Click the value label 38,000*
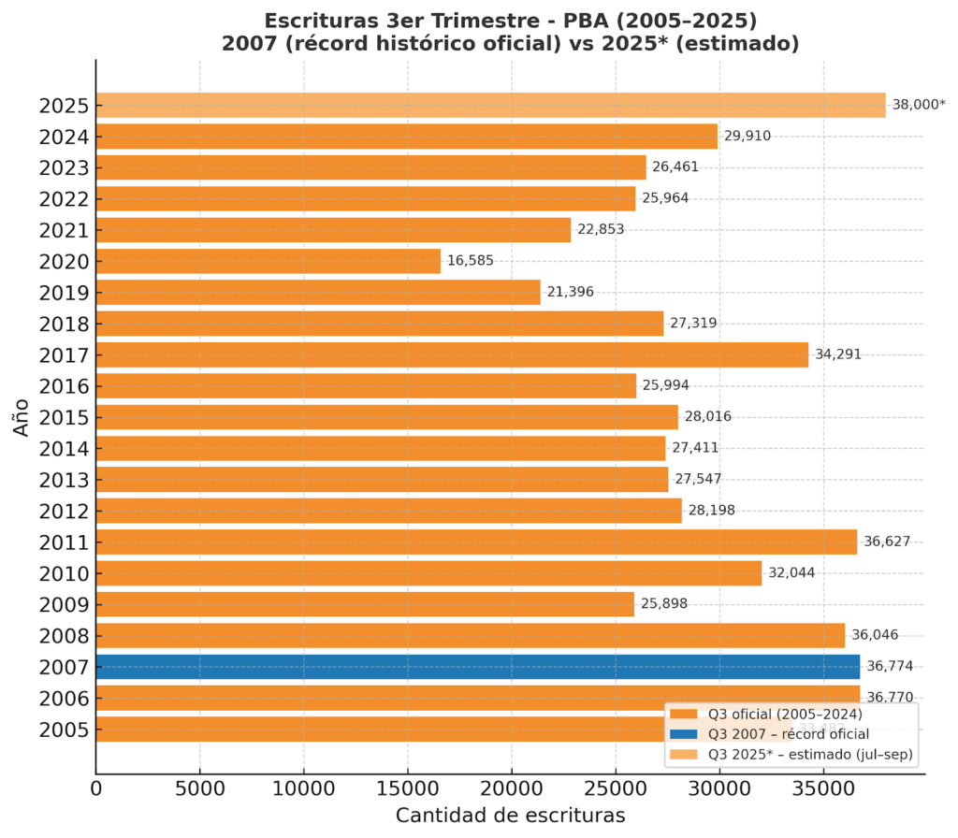coord(919,105)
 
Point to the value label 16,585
coord(470,261)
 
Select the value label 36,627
coord(887,542)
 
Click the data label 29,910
coord(748,137)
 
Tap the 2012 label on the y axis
coord(64,511)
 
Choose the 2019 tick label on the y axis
coord(64,293)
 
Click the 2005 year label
coord(64,730)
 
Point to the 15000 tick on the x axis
coord(408,789)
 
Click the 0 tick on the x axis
coord(96,789)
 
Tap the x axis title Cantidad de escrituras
coord(510,815)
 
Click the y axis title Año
coord(22,417)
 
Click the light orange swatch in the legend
coord(685,754)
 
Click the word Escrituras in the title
coord(318,21)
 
